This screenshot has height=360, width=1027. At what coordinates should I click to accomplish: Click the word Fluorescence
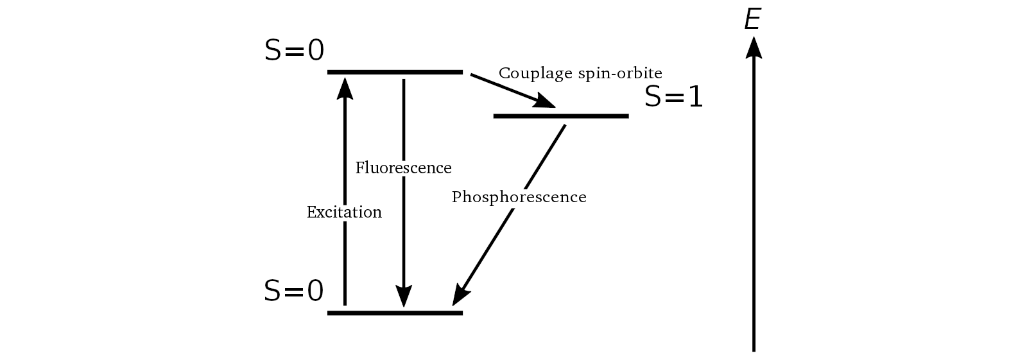[x=403, y=168]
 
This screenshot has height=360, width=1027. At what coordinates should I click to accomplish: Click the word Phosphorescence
[x=519, y=197]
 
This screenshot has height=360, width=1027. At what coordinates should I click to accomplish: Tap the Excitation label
[x=344, y=212]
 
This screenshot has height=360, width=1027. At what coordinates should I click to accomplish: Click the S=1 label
[x=673, y=97]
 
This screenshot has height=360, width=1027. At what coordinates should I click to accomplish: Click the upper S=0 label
[x=294, y=51]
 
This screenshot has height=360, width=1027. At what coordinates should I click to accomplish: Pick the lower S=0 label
[x=294, y=291]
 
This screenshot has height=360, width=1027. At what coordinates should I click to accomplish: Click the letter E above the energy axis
[x=752, y=20]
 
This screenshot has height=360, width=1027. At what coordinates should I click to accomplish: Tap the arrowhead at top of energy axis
[x=754, y=46]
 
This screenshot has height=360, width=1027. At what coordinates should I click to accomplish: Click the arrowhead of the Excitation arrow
[x=345, y=87]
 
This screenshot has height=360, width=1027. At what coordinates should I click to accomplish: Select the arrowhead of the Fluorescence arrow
[x=403, y=296]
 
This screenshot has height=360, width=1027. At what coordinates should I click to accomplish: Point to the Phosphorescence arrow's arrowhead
[x=460, y=295]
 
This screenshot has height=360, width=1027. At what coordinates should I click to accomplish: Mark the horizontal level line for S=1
[x=560, y=116]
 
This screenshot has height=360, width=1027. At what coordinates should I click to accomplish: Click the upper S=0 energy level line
[x=395, y=72]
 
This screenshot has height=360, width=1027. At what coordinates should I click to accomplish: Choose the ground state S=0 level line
[x=395, y=313]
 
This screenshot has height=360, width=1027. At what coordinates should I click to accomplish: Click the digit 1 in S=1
[x=695, y=97]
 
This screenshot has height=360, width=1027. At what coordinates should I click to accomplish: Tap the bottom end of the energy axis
[x=754, y=349]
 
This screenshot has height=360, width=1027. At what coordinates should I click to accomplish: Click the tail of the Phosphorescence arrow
[x=564, y=126]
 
